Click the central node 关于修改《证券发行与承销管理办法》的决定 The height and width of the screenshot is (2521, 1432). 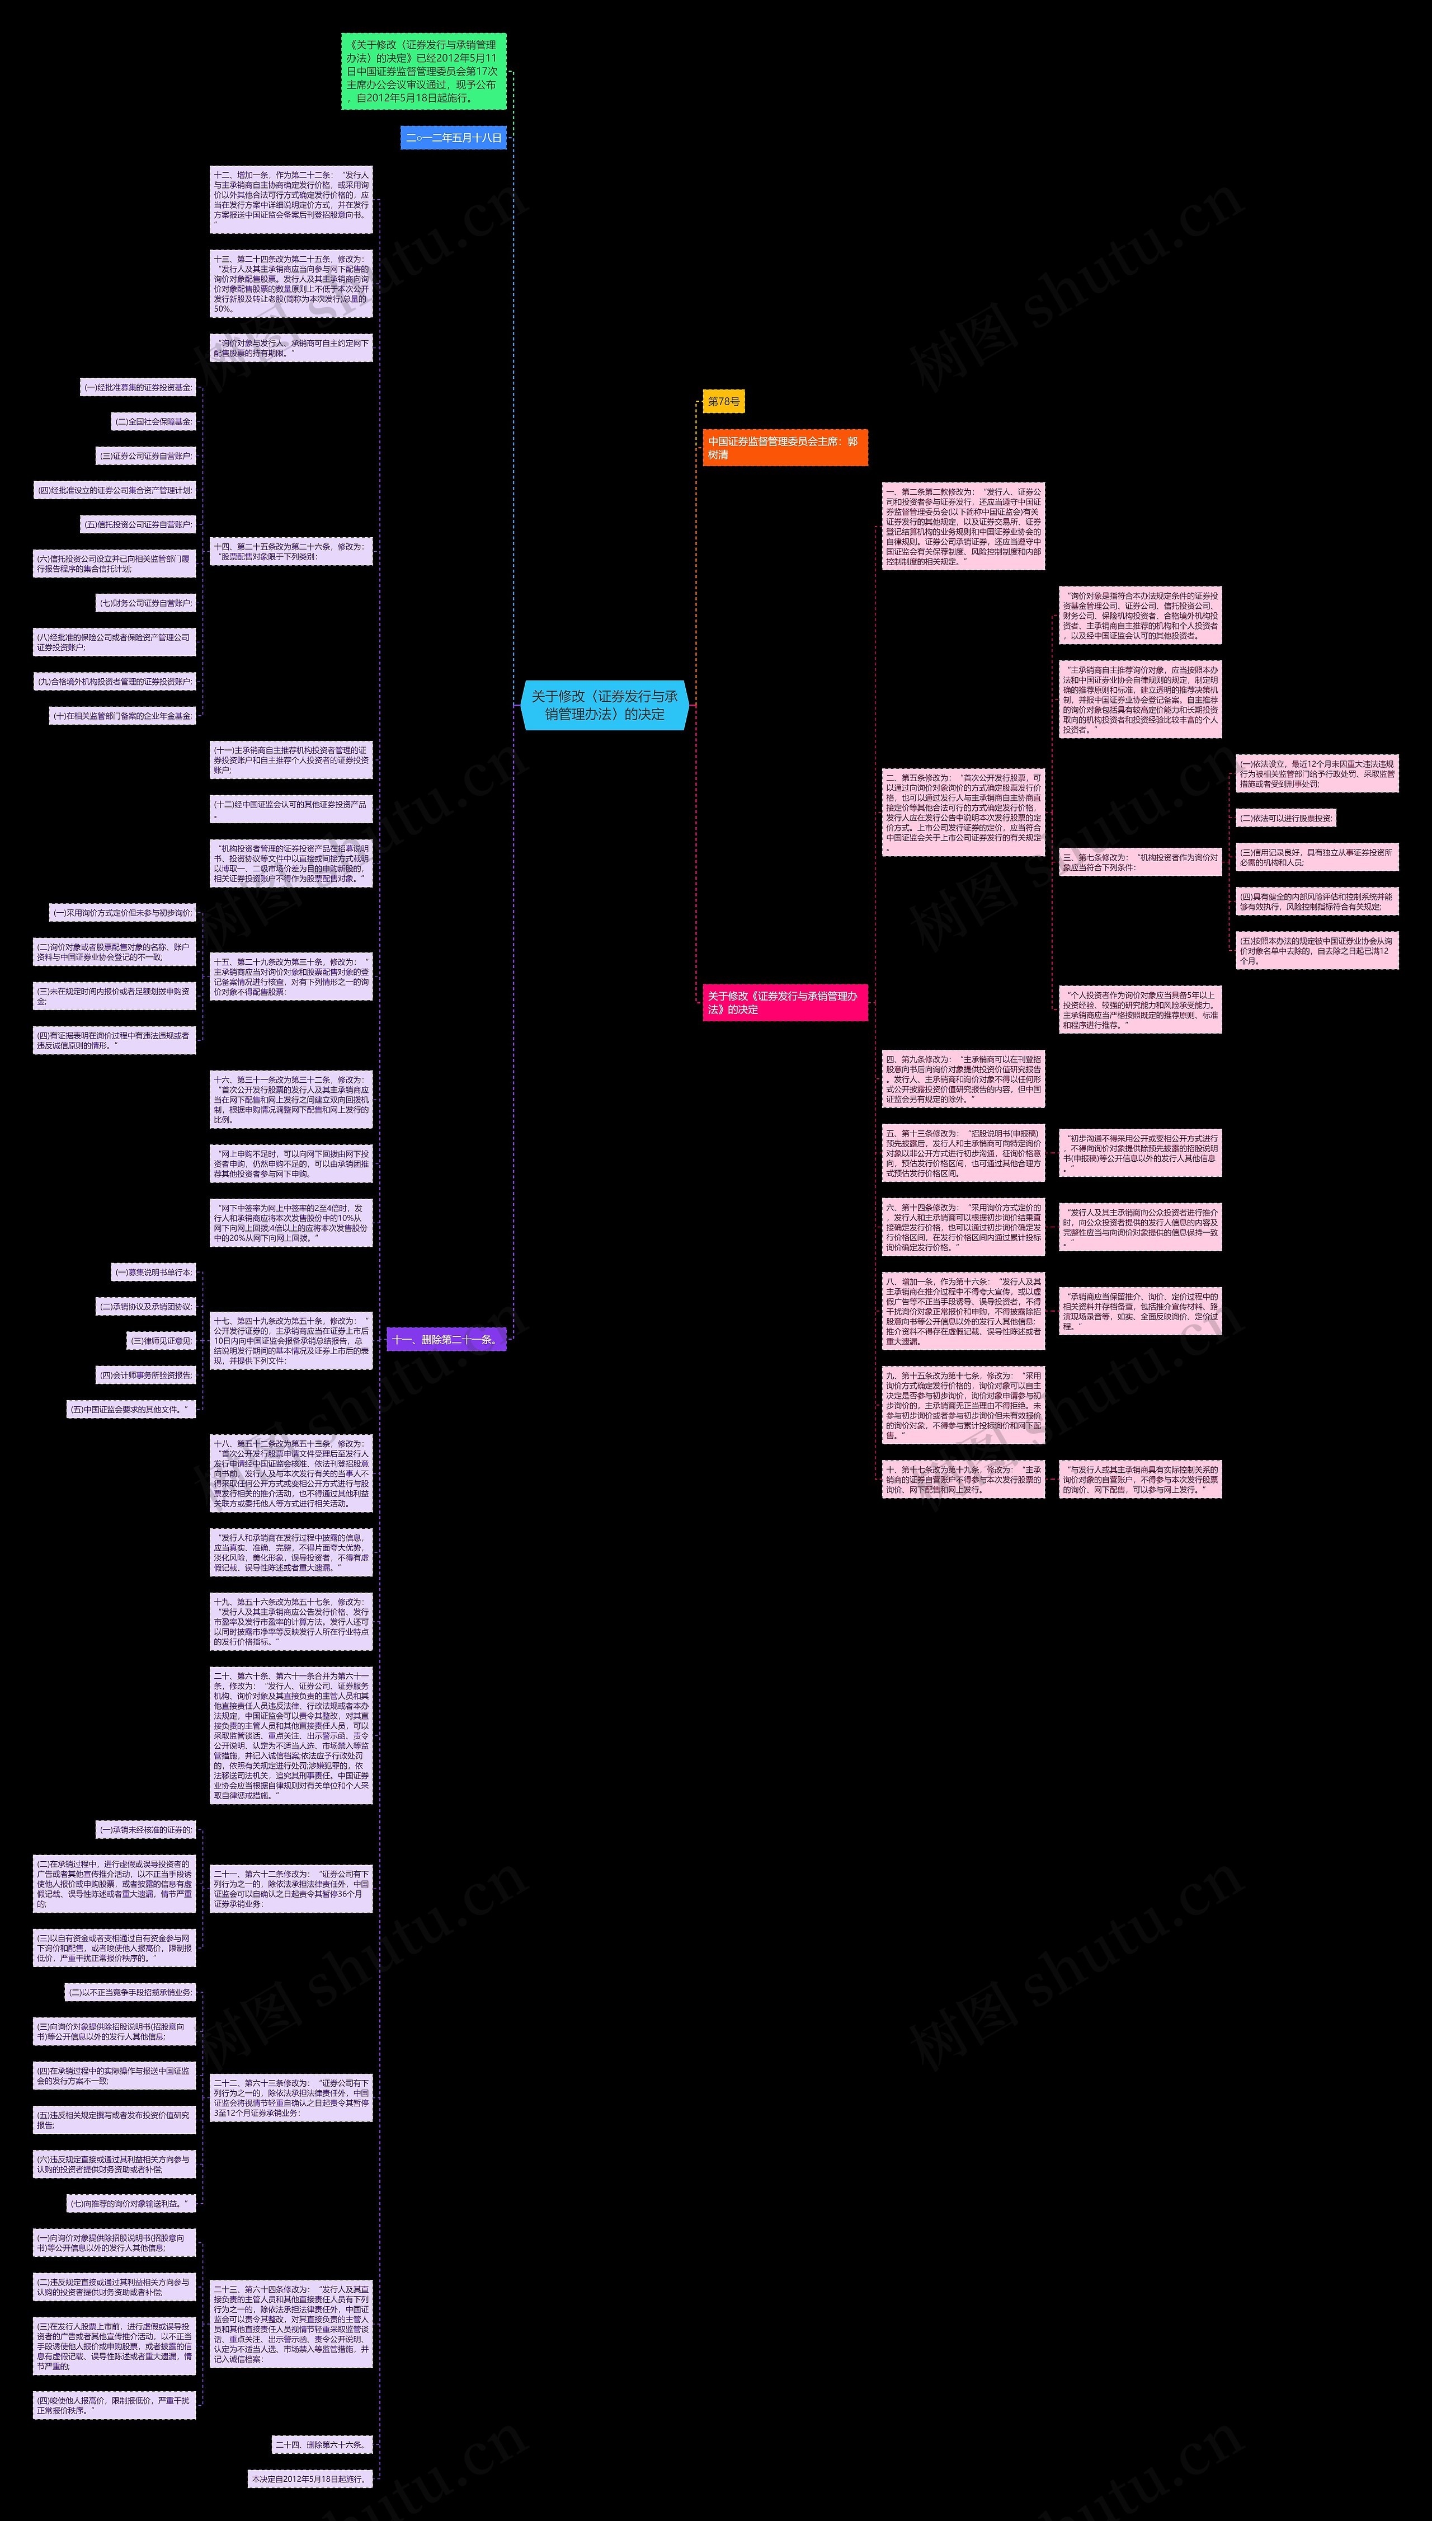coord(604,705)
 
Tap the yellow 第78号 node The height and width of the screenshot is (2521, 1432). coord(723,401)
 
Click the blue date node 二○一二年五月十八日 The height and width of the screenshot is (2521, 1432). coord(454,138)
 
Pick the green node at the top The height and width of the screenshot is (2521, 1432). coord(423,72)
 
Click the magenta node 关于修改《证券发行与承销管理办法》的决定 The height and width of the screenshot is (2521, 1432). coord(784,1002)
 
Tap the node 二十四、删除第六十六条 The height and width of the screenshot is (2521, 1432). coord(322,2444)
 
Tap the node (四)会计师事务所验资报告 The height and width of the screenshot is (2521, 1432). coord(145,1375)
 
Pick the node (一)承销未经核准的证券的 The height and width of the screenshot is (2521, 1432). coord(145,1829)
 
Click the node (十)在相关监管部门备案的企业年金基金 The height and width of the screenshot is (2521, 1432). coord(122,716)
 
